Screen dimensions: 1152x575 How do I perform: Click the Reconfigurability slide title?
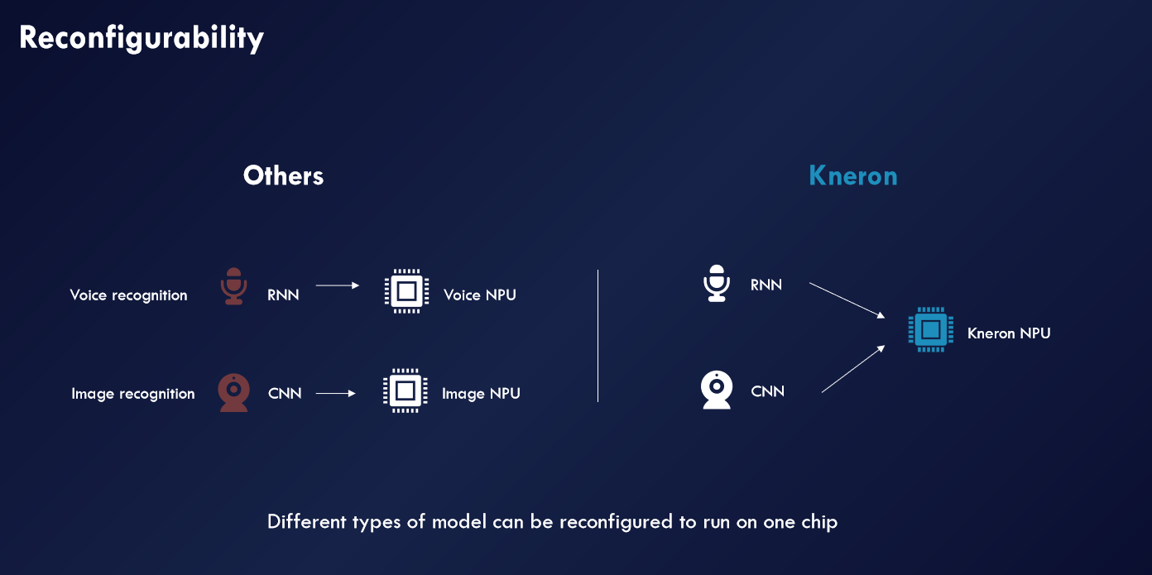point(142,38)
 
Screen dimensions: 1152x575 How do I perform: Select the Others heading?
point(283,176)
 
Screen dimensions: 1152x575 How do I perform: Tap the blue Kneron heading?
point(853,176)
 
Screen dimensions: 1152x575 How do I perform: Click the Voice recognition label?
point(128,295)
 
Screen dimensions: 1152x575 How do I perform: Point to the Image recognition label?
point(132,394)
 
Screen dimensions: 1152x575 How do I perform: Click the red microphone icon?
point(234,286)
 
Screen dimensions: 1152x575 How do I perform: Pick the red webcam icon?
point(234,392)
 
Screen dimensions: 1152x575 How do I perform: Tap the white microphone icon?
point(717,284)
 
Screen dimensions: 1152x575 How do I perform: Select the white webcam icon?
point(717,390)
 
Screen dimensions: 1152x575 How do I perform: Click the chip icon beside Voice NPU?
point(407,291)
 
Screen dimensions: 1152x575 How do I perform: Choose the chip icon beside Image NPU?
point(406,391)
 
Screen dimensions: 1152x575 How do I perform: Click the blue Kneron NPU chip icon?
point(931,329)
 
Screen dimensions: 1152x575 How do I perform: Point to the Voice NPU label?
point(480,295)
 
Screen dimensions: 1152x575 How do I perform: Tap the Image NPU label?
point(481,394)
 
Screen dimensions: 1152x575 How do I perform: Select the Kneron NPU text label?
point(1009,333)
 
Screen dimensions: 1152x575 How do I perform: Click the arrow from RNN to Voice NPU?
point(338,285)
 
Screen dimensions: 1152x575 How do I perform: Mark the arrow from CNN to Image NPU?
point(336,394)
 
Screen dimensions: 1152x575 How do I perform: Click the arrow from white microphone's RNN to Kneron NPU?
point(847,300)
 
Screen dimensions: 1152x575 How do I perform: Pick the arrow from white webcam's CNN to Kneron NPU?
point(853,369)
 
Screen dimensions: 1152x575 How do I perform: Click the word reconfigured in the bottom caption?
point(616,523)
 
